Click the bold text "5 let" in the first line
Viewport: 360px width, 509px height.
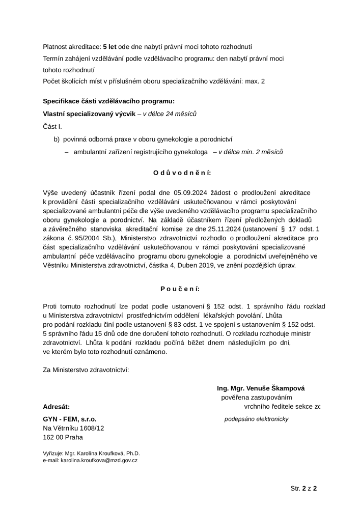[110, 47]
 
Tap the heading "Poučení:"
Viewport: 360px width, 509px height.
[180, 289]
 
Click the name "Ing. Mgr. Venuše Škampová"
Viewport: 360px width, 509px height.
[261, 388]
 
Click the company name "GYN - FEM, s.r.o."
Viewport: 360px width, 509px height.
[69, 419]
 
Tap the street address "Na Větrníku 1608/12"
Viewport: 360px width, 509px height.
[73, 428]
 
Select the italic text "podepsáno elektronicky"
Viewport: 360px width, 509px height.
[257, 419]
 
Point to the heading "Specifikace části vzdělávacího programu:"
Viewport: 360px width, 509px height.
[108, 101]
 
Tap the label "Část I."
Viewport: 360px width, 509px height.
[53, 126]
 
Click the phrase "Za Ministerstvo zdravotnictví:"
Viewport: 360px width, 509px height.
[86, 370]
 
